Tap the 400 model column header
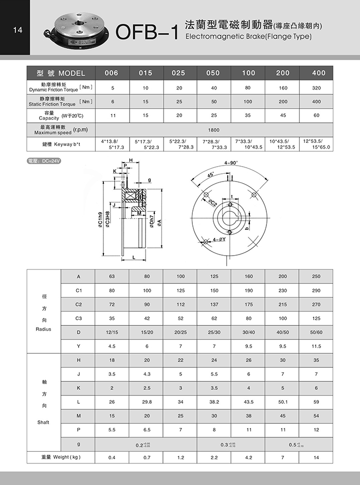(x=319, y=73)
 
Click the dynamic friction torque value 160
(x=283, y=87)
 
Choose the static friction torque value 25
(x=179, y=102)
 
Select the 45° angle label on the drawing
(x=210, y=175)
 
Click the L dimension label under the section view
(x=133, y=256)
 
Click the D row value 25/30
(x=214, y=332)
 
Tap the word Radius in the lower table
(x=44, y=328)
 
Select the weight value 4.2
(x=248, y=457)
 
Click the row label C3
(x=79, y=318)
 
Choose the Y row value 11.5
(x=316, y=346)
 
